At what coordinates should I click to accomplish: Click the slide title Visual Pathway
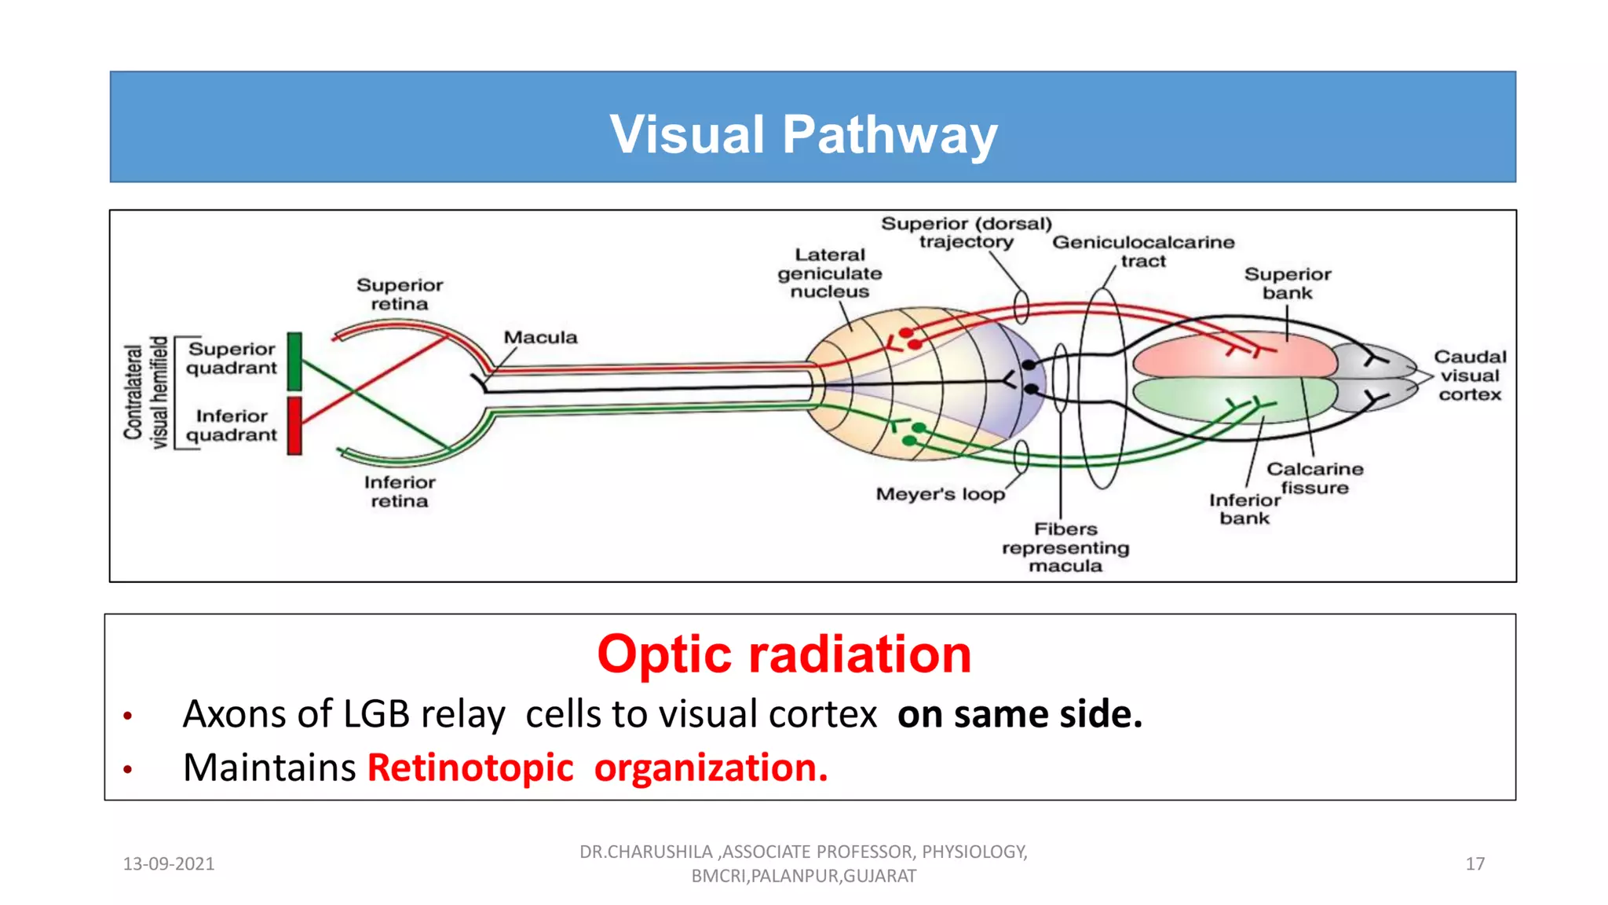pyautogui.click(x=803, y=134)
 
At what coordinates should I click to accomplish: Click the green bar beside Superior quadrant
pyautogui.click(x=294, y=361)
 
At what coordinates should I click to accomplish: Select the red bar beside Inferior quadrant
pyautogui.click(x=294, y=425)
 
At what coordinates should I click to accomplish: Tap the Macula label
pyautogui.click(x=540, y=337)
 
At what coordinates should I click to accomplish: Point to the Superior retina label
pyautogui.click(x=400, y=295)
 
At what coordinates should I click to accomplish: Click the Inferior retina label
pyautogui.click(x=400, y=492)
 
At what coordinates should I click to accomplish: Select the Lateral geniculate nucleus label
pyautogui.click(x=830, y=273)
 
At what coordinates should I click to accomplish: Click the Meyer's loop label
pyautogui.click(x=940, y=494)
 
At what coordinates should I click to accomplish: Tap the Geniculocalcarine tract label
pyautogui.click(x=1143, y=251)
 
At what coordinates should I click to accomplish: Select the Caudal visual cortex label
pyautogui.click(x=1470, y=376)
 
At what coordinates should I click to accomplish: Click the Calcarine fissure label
pyautogui.click(x=1314, y=478)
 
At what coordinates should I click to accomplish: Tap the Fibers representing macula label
pyautogui.click(x=1065, y=548)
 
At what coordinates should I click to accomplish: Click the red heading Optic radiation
pyautogui.click(x=784, y=654)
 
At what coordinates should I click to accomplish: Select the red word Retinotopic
pyautogui.click(x=470, y=768)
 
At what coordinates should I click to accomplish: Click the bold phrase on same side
pyautogui.click(x=1019, y=714)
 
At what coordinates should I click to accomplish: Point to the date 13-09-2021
pyautogui.click(x=169, y=864)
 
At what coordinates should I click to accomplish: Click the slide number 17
pyautogui.click(x=1475, y=864)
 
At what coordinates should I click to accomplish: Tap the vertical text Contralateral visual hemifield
pyautogui.click(x=146, y=392)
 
